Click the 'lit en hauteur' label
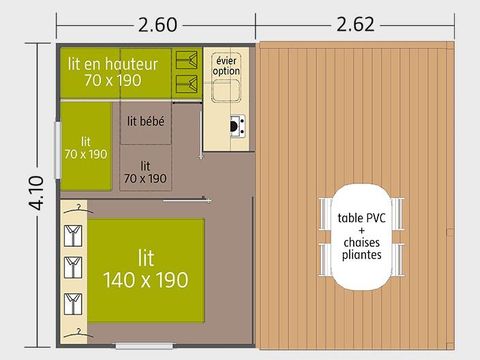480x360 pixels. (112, 63)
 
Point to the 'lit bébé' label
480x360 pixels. (146, 121)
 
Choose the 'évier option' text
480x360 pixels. (228, 65)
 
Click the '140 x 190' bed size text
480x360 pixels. (146, 280)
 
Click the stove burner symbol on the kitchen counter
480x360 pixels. (237, 127)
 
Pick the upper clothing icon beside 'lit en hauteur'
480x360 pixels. (186, 59)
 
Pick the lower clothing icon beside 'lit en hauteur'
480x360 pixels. (186, 83)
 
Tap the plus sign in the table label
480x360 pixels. (360, 229)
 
